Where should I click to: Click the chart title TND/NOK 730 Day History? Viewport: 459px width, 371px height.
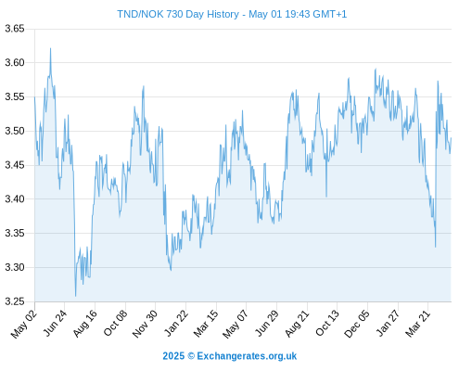click(178, 14)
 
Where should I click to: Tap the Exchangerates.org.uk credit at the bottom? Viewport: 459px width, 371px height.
click(247, 356)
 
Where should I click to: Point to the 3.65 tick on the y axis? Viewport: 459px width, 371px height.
click(15, 29)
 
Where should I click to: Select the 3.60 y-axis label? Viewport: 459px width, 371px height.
click(15, 63)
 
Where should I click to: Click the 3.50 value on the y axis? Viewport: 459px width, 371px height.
click(15, 131)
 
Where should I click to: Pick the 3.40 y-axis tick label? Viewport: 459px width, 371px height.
click(15, 198)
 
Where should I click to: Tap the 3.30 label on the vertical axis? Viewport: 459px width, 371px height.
click(15, 267)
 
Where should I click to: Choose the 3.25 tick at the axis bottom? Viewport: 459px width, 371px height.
click(15, 301)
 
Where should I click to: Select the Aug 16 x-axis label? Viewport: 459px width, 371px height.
click(84, 324)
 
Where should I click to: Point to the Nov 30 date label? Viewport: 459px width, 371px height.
click(145, 324)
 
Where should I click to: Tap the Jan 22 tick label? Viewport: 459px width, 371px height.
click(176, 323)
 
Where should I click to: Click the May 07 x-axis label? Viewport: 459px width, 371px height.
click(236, 324)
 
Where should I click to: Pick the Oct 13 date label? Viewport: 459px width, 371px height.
click(327, 323)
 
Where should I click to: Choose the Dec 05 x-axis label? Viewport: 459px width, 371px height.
click(357, 324)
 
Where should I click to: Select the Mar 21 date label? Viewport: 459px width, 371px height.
click(418, 324)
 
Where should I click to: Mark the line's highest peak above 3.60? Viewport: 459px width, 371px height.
click(50, 48)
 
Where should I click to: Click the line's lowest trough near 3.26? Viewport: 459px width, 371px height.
click(75, 296)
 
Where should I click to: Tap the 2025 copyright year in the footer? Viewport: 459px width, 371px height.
click(173, 356)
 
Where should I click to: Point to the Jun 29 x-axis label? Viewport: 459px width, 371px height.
click(267, 324)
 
